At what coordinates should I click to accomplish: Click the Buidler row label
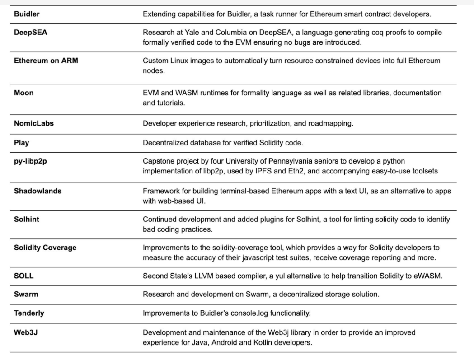tap(27, 14)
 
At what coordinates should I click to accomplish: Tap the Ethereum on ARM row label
tap(46, 61)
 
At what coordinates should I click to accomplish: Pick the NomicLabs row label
tap(34, 123)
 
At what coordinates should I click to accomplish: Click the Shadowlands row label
tap(38, 191)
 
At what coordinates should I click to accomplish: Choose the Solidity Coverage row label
tap(45, 248)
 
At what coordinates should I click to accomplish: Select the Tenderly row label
tap(29, 313)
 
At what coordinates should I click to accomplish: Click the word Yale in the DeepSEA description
tap(191, 33)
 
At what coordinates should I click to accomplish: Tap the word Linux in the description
tap(178, 61)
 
